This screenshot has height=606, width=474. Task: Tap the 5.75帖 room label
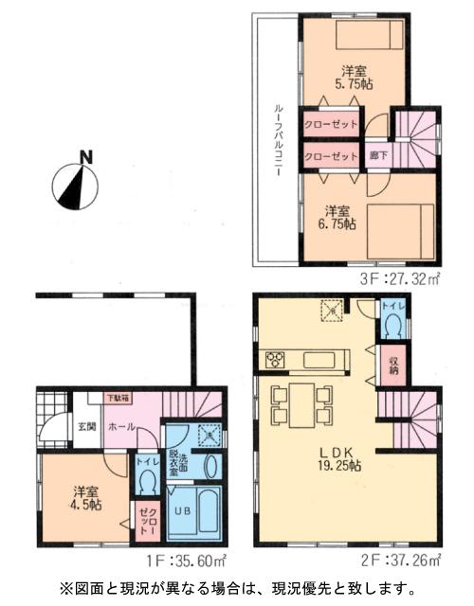pos(356,77)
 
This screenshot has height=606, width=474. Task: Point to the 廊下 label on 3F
pos(376,156)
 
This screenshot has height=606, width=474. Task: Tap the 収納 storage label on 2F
pos(392,365)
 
